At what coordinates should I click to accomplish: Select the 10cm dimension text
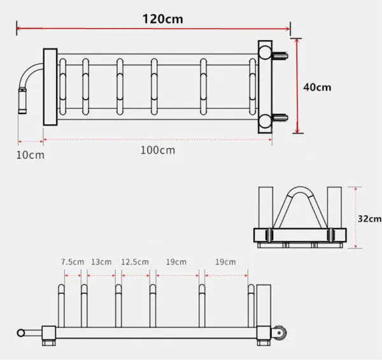click(31, 154)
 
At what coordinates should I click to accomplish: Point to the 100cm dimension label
click(157, 150)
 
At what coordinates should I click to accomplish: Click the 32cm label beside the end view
click(369, 219)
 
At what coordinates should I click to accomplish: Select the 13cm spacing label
click(101, 262)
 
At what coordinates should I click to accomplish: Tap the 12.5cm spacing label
click(135, 262)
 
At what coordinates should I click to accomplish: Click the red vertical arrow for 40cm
click(296, 85)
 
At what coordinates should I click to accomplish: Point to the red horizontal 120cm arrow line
click(153, 29)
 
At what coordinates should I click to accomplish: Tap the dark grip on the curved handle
click(22, 101)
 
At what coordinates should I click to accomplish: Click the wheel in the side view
click(279, 335)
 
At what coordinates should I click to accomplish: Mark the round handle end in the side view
click(20, 333)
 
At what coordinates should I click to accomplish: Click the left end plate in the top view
click(50, 87)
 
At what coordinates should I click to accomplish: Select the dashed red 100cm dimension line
click(157, 140)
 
